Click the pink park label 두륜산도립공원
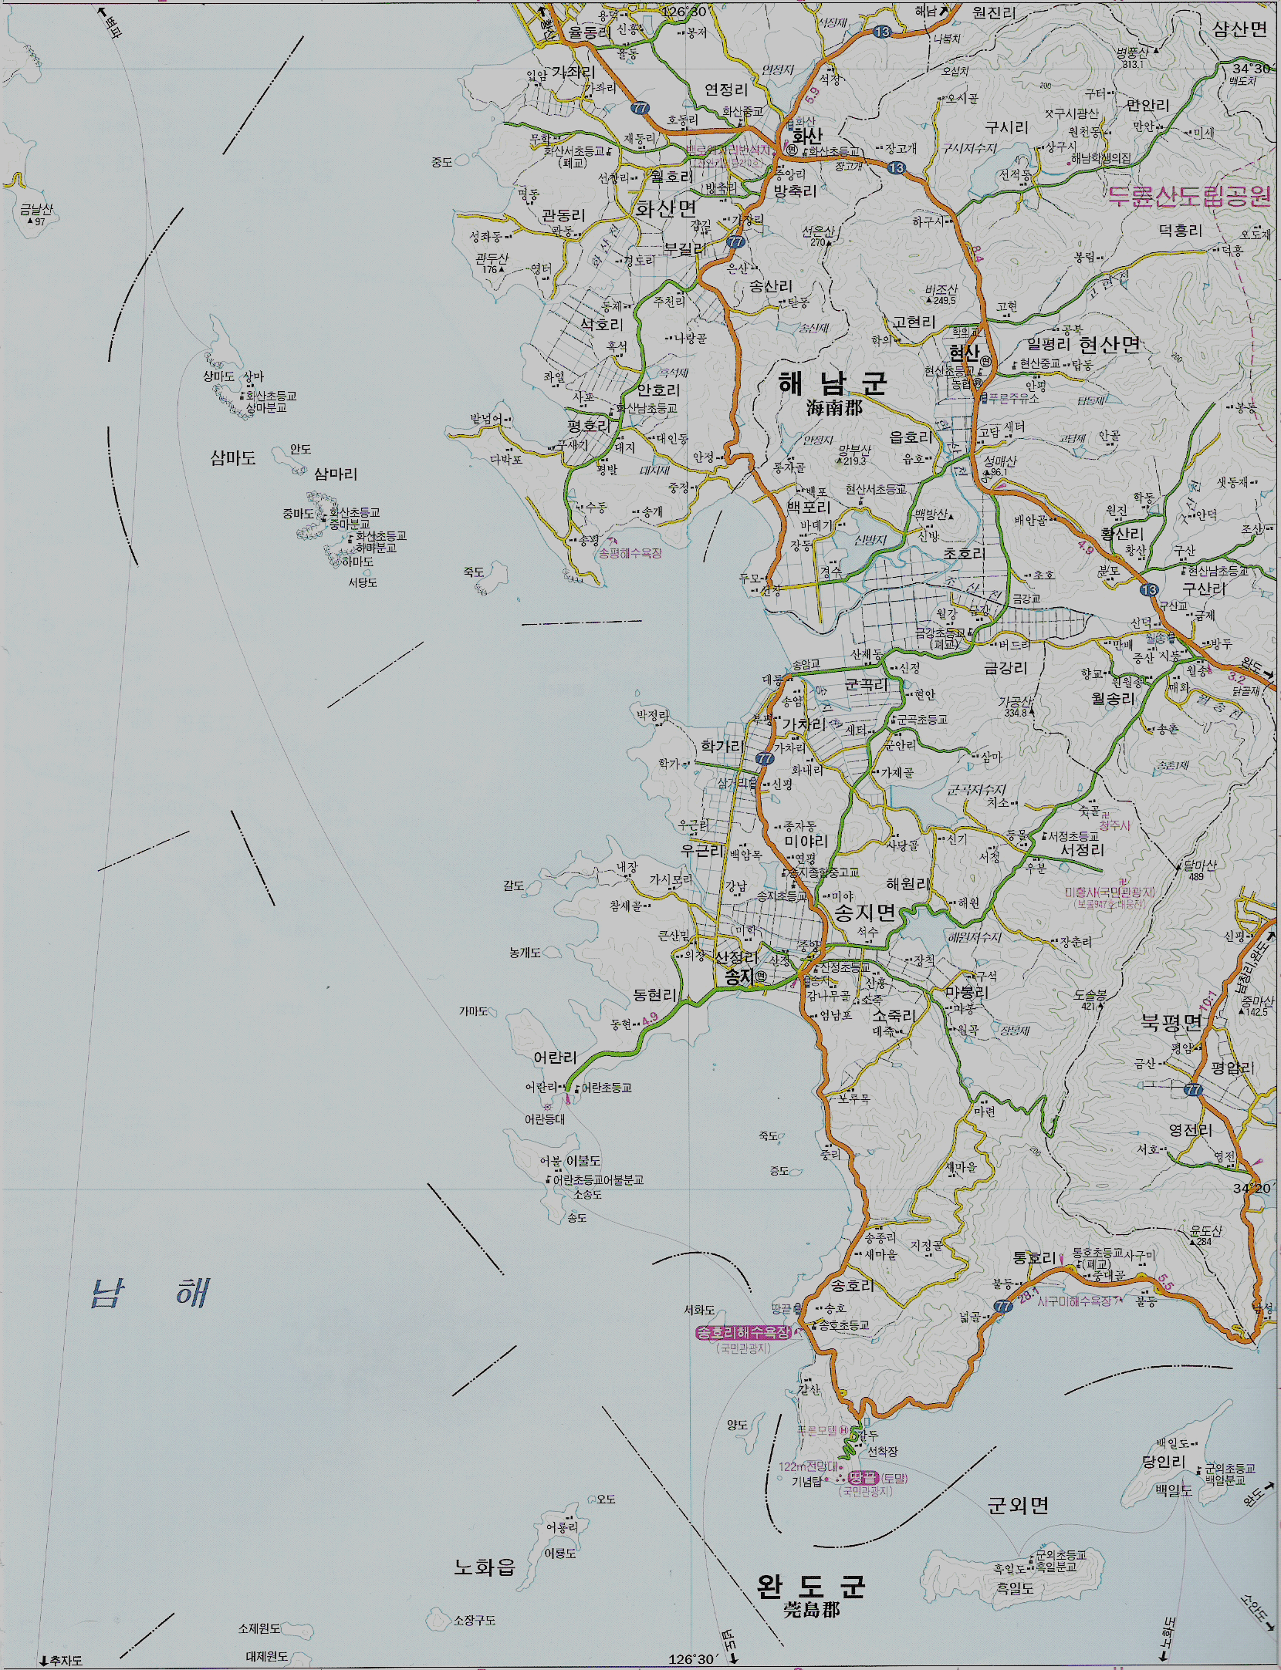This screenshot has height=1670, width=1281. pos(1188,196)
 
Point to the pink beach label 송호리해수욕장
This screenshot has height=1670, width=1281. pos(743,1333)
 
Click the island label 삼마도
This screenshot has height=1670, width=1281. pos(232,458)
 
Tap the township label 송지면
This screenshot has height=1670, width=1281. pos(864,913)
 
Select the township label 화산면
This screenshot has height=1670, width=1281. pos(665,208)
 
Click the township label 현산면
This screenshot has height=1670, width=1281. pos(1109,345)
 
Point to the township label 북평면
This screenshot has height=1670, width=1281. pos(1171,1023)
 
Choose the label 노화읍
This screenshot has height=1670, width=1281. pos(484,1567)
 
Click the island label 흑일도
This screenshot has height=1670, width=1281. pos(1014,1588)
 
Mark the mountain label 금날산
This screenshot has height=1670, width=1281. pos(35,210)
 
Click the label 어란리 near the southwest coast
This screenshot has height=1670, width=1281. pos(555,1058)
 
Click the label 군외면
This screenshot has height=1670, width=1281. pos(1018,1505)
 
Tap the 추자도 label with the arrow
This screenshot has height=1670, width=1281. pos(62,1660)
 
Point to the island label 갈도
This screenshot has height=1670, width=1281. pos(513,886)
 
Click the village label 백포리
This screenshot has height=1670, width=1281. pos(808,508)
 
